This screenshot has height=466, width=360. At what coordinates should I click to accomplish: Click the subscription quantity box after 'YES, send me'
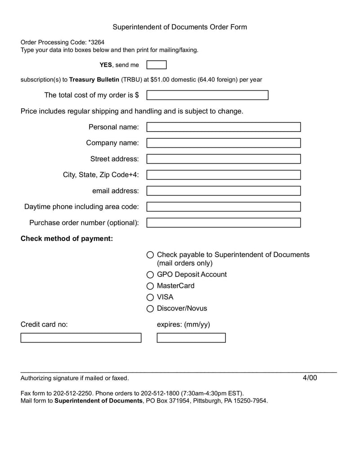pos(157,65)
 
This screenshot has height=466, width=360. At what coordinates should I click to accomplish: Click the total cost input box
pos(207,95)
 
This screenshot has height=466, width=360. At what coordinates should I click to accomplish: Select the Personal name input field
pos(224,127)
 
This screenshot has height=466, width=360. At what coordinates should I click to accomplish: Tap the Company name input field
pos(224,143)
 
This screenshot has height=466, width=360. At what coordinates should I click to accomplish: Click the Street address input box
pos(224,159)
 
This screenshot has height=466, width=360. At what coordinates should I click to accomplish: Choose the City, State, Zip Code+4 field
pos(224,175)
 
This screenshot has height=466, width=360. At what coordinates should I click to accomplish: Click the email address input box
pos(224,191)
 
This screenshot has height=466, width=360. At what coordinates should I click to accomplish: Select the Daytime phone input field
pos(224,207)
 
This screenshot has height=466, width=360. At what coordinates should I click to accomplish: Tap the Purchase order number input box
pos(224,223)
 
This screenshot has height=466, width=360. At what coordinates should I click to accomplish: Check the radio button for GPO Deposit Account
pos(150,275)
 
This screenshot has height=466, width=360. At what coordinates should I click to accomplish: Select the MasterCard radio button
pos(150,286)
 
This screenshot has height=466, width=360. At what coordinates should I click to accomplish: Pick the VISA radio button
pos(150,297)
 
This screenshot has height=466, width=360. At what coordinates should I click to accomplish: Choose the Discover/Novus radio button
pos(150,308)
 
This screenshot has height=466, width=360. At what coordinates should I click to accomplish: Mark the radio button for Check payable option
pos(150,255)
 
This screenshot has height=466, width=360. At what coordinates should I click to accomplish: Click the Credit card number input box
pos(81,338)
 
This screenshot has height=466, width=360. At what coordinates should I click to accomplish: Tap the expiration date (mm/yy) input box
pos(191,338)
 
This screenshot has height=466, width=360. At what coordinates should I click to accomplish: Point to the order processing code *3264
pos(96,42)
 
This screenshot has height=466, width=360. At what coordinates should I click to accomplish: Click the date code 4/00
pos(310,378)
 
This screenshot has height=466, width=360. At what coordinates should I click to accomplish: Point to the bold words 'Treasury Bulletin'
pos(94,80)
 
